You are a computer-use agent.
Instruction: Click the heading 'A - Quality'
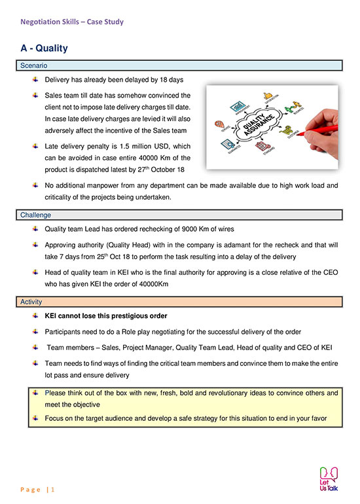45,48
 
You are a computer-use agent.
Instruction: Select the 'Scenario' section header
33,66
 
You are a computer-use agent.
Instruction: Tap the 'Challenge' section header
35,215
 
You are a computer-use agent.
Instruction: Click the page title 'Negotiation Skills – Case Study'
72,22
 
